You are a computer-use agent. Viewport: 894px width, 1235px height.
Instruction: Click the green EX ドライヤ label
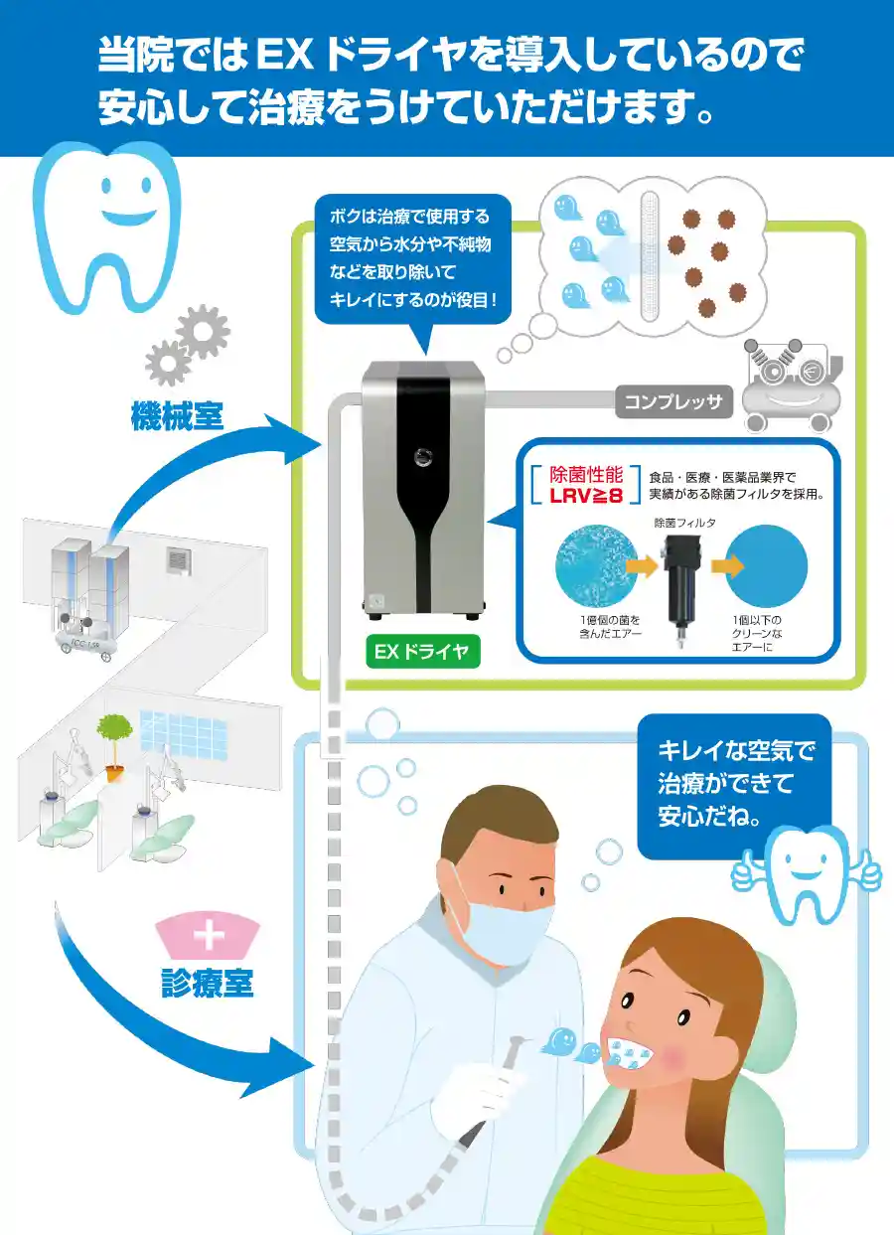pyautogui.click(x=423, y=652)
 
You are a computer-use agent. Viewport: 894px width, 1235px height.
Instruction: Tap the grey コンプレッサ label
pyautogui.click(x=672, y=402)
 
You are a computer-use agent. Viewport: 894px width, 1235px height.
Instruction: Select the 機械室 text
pyautogui.click(x=178, y=415)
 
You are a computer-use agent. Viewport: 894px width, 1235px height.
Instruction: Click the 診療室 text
pyautogui.click(x=208, y=983)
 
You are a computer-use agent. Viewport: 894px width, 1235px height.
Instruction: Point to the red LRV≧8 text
pyautogui.click(x=586, y=495)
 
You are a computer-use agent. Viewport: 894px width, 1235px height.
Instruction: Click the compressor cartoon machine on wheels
pyautogui.click(x=792, y=385)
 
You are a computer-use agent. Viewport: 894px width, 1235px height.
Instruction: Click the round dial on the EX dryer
pyautogui.click(x=423, y=456)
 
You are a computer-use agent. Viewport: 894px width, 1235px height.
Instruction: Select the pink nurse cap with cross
pyautogui.click(x=209, y=936)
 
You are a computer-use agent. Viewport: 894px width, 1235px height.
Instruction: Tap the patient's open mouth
pyautogui.click(x=631, y=1054)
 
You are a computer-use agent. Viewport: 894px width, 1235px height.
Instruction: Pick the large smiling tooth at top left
pyautogui.click(x=106, y=228)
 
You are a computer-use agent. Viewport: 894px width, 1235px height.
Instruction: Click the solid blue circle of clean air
pyautogui.click(x=766, y=565)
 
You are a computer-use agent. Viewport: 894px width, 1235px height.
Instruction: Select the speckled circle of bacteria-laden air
pyautogui.click(x=597, y=565)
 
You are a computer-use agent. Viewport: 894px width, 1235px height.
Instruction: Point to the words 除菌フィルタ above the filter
pyautogui.click(x=684, y=523)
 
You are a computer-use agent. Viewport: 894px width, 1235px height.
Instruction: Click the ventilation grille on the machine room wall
pyautogui.click(x=178, y=561)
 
